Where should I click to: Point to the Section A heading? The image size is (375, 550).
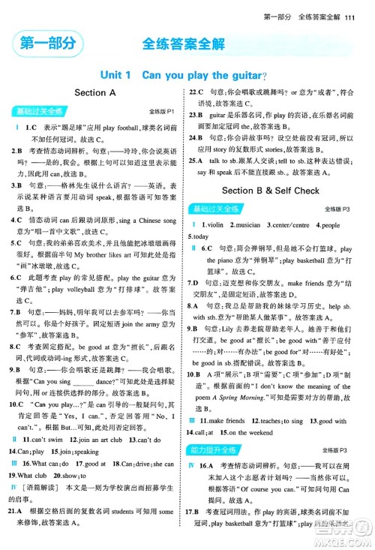[x=95, y=93]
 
